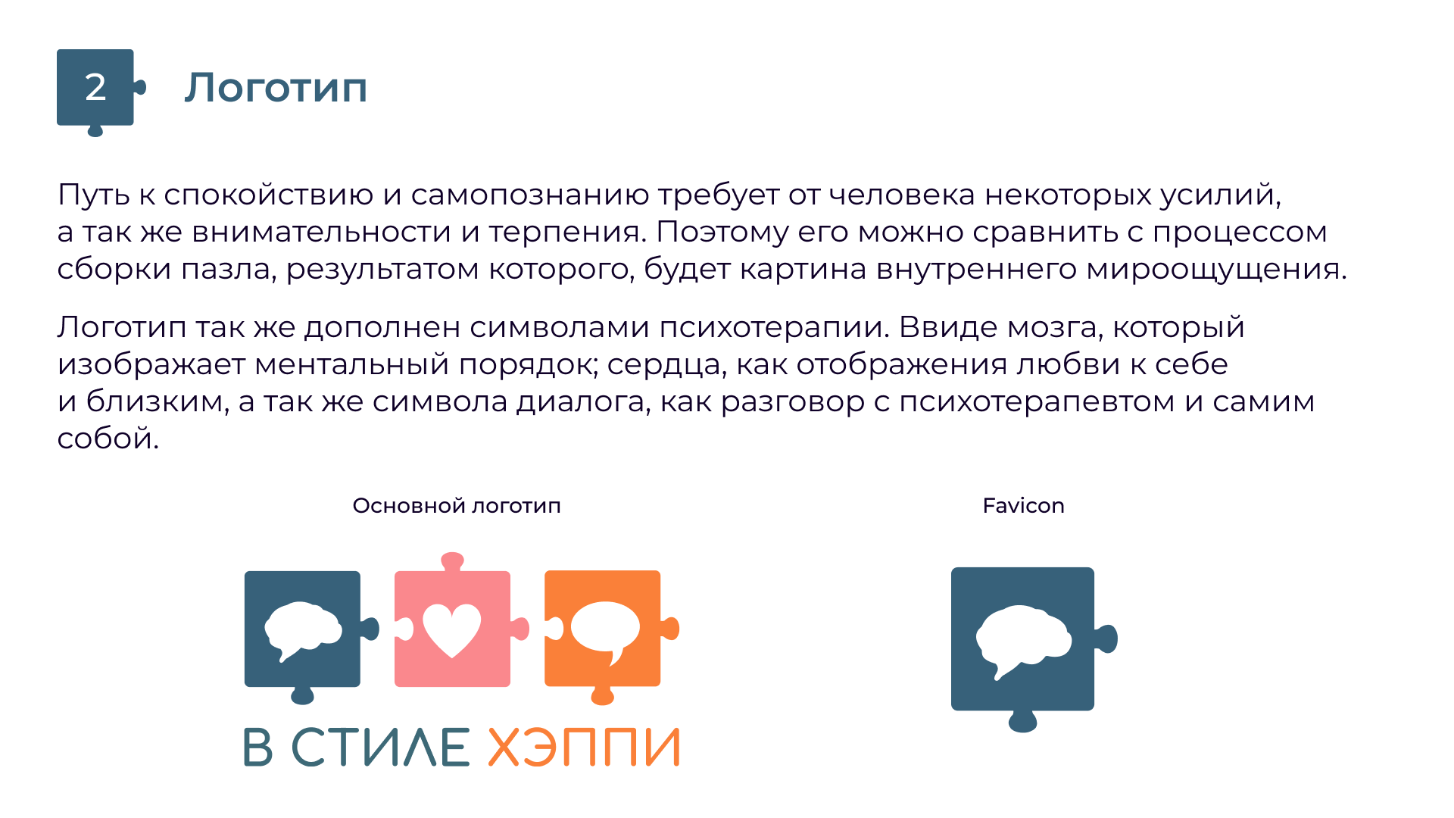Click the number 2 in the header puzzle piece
[95, 88]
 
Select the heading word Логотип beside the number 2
[276, 88]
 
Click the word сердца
[667, 365]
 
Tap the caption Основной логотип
[457, 506]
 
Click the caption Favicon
[1023, 506]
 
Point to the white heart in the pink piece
[452, 630]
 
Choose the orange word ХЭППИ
[584, 748]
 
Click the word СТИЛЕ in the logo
[381, 748]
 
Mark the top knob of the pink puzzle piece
[452, 561]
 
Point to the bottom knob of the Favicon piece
[1022, 722]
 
